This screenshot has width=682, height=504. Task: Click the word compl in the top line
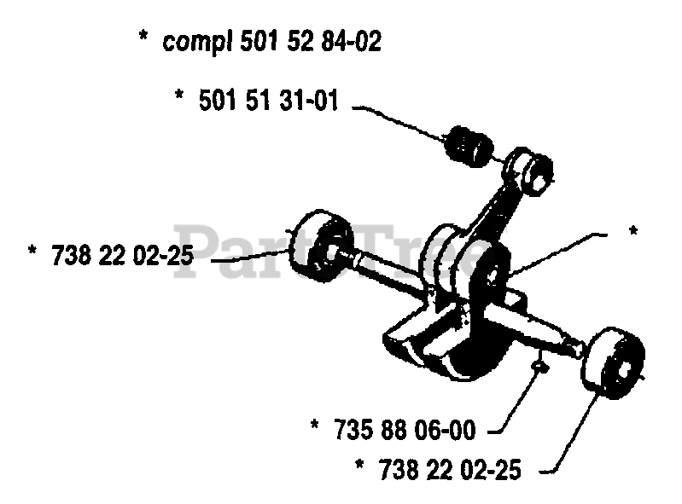click(x=192, y=42)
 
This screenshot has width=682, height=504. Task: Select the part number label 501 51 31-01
click(x=268, y=101)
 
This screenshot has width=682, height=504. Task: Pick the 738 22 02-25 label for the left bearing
click(x=120, y=254)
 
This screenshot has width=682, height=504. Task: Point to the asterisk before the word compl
click(x=143, y=40)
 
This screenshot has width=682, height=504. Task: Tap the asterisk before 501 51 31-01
click(x=180, y=101)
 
